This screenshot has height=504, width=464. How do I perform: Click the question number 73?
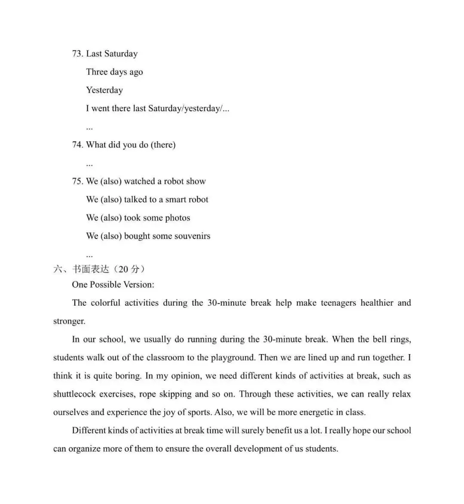point(77,54)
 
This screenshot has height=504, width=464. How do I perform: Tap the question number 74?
point(77,145)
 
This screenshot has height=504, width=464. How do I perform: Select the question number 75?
point(77,181)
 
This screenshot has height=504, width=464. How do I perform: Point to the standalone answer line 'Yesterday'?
point(104,90)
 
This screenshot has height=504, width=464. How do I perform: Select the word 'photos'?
point(178,218)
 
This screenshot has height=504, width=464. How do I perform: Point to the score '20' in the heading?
point(123,269)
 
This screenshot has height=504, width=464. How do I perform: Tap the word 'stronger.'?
point(69,321)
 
